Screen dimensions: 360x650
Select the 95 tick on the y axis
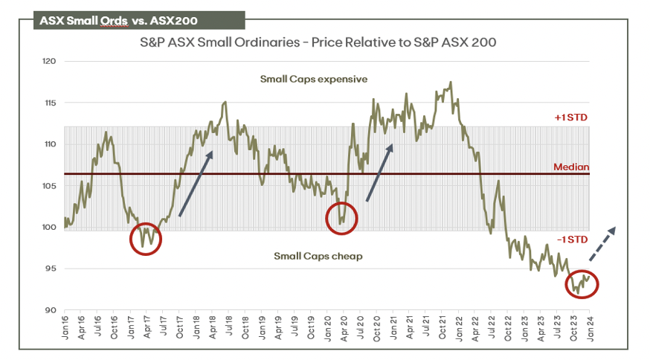[x=51, y=269]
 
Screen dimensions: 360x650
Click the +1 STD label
[x=571, y=118]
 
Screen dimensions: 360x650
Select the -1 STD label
[x=571, y=240]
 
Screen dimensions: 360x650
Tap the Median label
[x=571, y=167]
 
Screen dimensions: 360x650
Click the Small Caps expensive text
[x=314, y=78]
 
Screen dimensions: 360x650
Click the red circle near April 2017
[x=146, y=238]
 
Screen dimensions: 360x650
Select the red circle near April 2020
[x=342, y=218]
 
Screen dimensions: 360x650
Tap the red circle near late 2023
[x=582, y=283]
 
